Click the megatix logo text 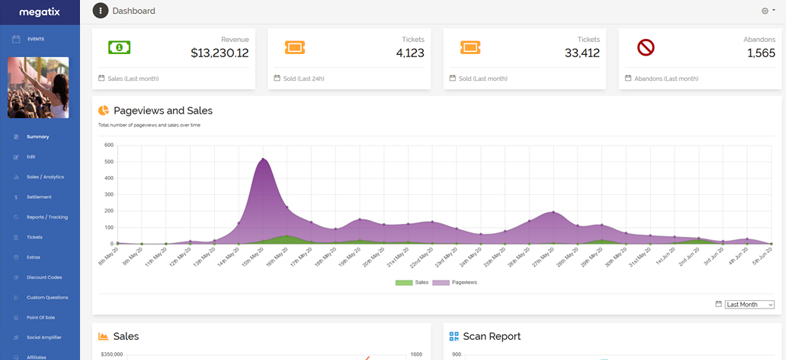[x=40, y=11]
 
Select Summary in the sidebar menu [x=37, y=136]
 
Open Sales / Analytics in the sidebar [x=45, y=177]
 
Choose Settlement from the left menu [x=39, y=197]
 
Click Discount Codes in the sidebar [x=44, y=278]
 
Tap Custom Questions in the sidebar [x=47, y=298]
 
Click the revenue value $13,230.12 [x=219, y=52]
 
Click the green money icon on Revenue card [x=119, y=47]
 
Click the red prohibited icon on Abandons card [x=645, y=47]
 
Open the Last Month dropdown [x=749, y=304]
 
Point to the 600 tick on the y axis [x=108, y=145]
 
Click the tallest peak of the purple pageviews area [x=263, y=159]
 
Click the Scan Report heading [x=492, y=337]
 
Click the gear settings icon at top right [x=765, y=11]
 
